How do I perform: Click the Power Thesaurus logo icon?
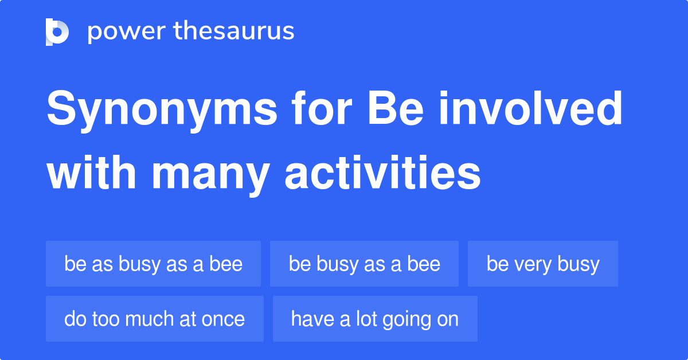pyautogui.click(x=57, y=32)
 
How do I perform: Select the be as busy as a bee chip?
pyautogui.click(x=153, y=264)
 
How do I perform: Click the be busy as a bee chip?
pyautogui.click(x=364, y=264)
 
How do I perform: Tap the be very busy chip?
pyautogui.click(x=542, y=264)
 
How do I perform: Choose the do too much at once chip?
pyautogui.click(x=154, y=319)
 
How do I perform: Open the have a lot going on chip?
pyautogui.click(x=374, y=319)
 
